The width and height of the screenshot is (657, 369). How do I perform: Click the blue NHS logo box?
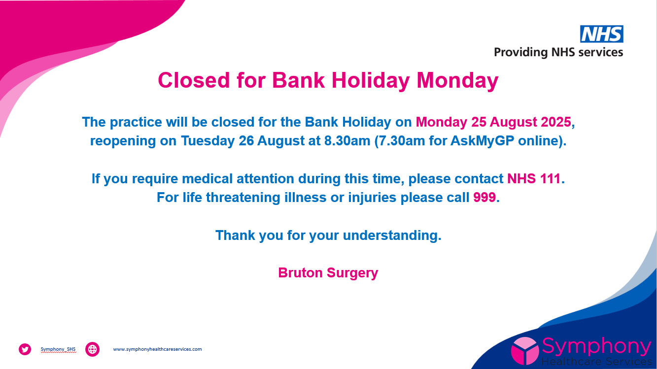point(602,34)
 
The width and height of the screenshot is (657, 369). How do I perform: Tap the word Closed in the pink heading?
point(194,80)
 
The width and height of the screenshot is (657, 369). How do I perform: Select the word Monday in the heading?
point(457,81)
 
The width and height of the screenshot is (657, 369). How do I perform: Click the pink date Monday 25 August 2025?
point(493,122)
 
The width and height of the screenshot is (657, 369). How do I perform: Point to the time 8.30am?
point(347,141)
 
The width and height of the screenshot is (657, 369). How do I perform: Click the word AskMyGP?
point(482,141)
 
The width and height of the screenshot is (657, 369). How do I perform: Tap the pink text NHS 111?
point(534,178)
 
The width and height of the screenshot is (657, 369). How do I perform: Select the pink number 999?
point(484,197)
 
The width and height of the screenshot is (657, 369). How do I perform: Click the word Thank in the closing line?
point(235,235)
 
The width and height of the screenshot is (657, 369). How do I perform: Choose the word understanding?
point(392,235)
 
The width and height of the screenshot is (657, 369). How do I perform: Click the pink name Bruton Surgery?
point(328,273)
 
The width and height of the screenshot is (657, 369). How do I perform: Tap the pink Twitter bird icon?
point(25,349)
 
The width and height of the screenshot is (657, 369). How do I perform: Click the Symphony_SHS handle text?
point(58,349)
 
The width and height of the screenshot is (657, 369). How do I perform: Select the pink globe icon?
point(92,349)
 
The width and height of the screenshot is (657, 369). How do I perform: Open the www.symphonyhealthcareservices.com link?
point(158,349)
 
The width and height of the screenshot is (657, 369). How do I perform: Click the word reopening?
point(123,141)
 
